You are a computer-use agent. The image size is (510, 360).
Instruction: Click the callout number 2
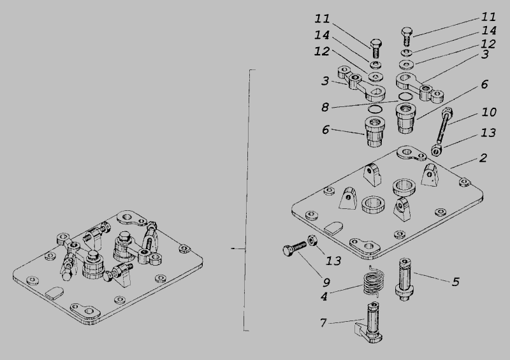point(483,158)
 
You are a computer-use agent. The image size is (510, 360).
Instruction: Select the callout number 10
point(489,112)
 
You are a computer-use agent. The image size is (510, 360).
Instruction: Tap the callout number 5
point(456,282)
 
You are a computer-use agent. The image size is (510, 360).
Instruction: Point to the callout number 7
point(323,322)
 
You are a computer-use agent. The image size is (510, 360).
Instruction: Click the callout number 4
point(324,296)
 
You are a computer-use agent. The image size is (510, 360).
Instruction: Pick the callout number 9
point(326,282)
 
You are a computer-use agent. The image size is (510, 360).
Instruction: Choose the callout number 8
point(325,107)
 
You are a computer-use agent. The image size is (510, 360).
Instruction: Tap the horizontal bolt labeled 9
point(295,248)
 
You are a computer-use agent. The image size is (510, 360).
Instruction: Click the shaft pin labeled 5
point(404,279)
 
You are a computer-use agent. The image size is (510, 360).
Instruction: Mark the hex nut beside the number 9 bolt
point(313,241)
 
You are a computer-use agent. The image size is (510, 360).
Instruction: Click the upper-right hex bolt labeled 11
point(407,36)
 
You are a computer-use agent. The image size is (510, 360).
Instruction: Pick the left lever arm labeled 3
point(361,84)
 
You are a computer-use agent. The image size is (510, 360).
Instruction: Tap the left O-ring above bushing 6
point(374,108)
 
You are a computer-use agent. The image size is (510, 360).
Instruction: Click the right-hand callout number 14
point(488,31)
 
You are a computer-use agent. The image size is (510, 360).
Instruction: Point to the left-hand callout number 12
point(322,51)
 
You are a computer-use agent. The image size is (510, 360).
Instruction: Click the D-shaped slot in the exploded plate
point(333,227)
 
